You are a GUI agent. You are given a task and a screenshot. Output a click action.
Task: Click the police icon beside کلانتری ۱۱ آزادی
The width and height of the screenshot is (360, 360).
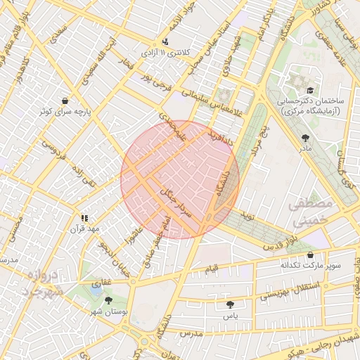[x=165, y=41]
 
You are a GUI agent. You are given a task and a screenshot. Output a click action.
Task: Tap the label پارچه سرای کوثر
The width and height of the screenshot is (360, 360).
[x=65, y=112]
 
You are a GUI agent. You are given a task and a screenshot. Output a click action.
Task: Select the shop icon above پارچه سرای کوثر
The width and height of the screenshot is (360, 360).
[x=65, y=101]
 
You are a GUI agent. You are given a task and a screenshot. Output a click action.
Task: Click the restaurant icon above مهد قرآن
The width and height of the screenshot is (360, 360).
[x=85, y=218]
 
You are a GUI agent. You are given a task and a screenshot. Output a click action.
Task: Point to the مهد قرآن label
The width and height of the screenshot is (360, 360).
[x=85, y=229]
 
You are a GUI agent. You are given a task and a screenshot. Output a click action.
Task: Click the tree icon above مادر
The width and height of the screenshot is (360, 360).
[x=305, y=138]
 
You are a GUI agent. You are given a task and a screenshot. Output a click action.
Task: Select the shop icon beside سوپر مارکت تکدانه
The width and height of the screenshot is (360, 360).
[x=311, y=255]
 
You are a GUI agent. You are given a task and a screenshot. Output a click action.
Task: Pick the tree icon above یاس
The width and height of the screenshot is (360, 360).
[x=230, y=304]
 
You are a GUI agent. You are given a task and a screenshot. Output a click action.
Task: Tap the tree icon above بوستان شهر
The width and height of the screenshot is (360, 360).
[x=109, y=300]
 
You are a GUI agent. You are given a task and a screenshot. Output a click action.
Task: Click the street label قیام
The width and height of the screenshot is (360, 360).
[x=211, y=269]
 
